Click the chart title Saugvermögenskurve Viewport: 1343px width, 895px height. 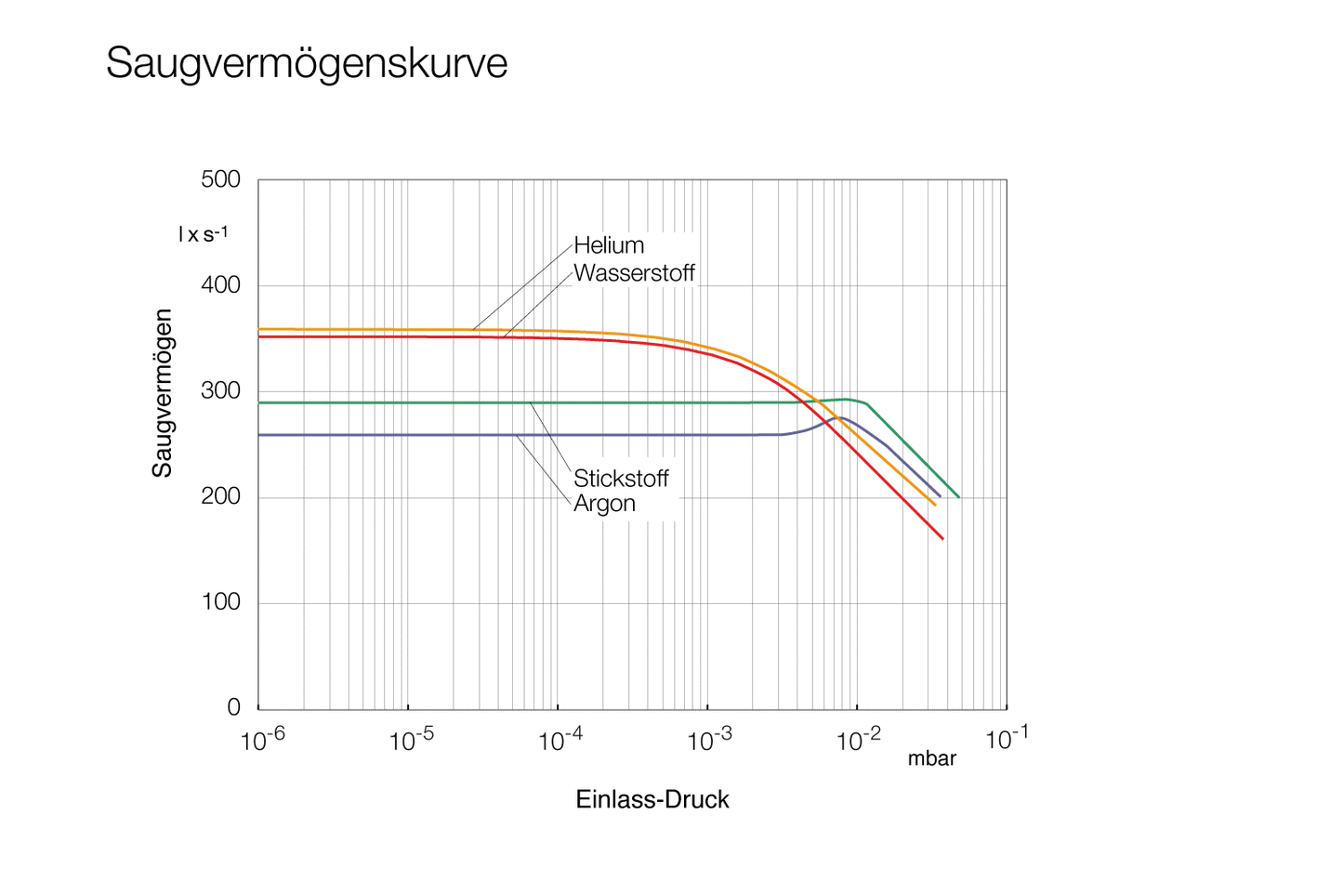[x=307, y=63]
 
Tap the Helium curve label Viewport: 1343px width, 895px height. [x=609, y=245]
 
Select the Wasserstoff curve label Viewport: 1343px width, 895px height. [x=634, y=273]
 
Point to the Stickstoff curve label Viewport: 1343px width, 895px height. [x=621, y=479]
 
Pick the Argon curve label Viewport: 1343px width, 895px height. [x=604, y=504]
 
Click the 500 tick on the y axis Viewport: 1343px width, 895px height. [x=220, y=179]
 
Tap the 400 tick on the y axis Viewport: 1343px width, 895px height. [x=220, y=285]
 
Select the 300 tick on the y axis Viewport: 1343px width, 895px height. [x=220, y=391]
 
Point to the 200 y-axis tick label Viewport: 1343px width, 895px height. [x=220, y=496]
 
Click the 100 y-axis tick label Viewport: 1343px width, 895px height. [x=220, y=602]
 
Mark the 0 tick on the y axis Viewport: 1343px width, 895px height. [x=233, y=707]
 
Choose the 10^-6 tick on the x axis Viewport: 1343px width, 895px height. [x=262, y=740]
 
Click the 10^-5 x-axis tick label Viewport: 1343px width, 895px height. [x=411, y=740]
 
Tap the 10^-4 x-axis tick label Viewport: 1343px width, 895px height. [x=560, y=740]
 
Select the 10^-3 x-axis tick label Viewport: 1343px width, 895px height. [x=709, y=740]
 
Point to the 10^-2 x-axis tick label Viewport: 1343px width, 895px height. [x=859, y=740]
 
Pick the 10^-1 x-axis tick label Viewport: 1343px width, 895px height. [x=1007, y=740]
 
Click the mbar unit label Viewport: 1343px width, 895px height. [x=931, y=759]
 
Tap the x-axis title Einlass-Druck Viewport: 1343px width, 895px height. [x=652, y=800]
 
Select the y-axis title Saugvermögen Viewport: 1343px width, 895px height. [x=163, y=393]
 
